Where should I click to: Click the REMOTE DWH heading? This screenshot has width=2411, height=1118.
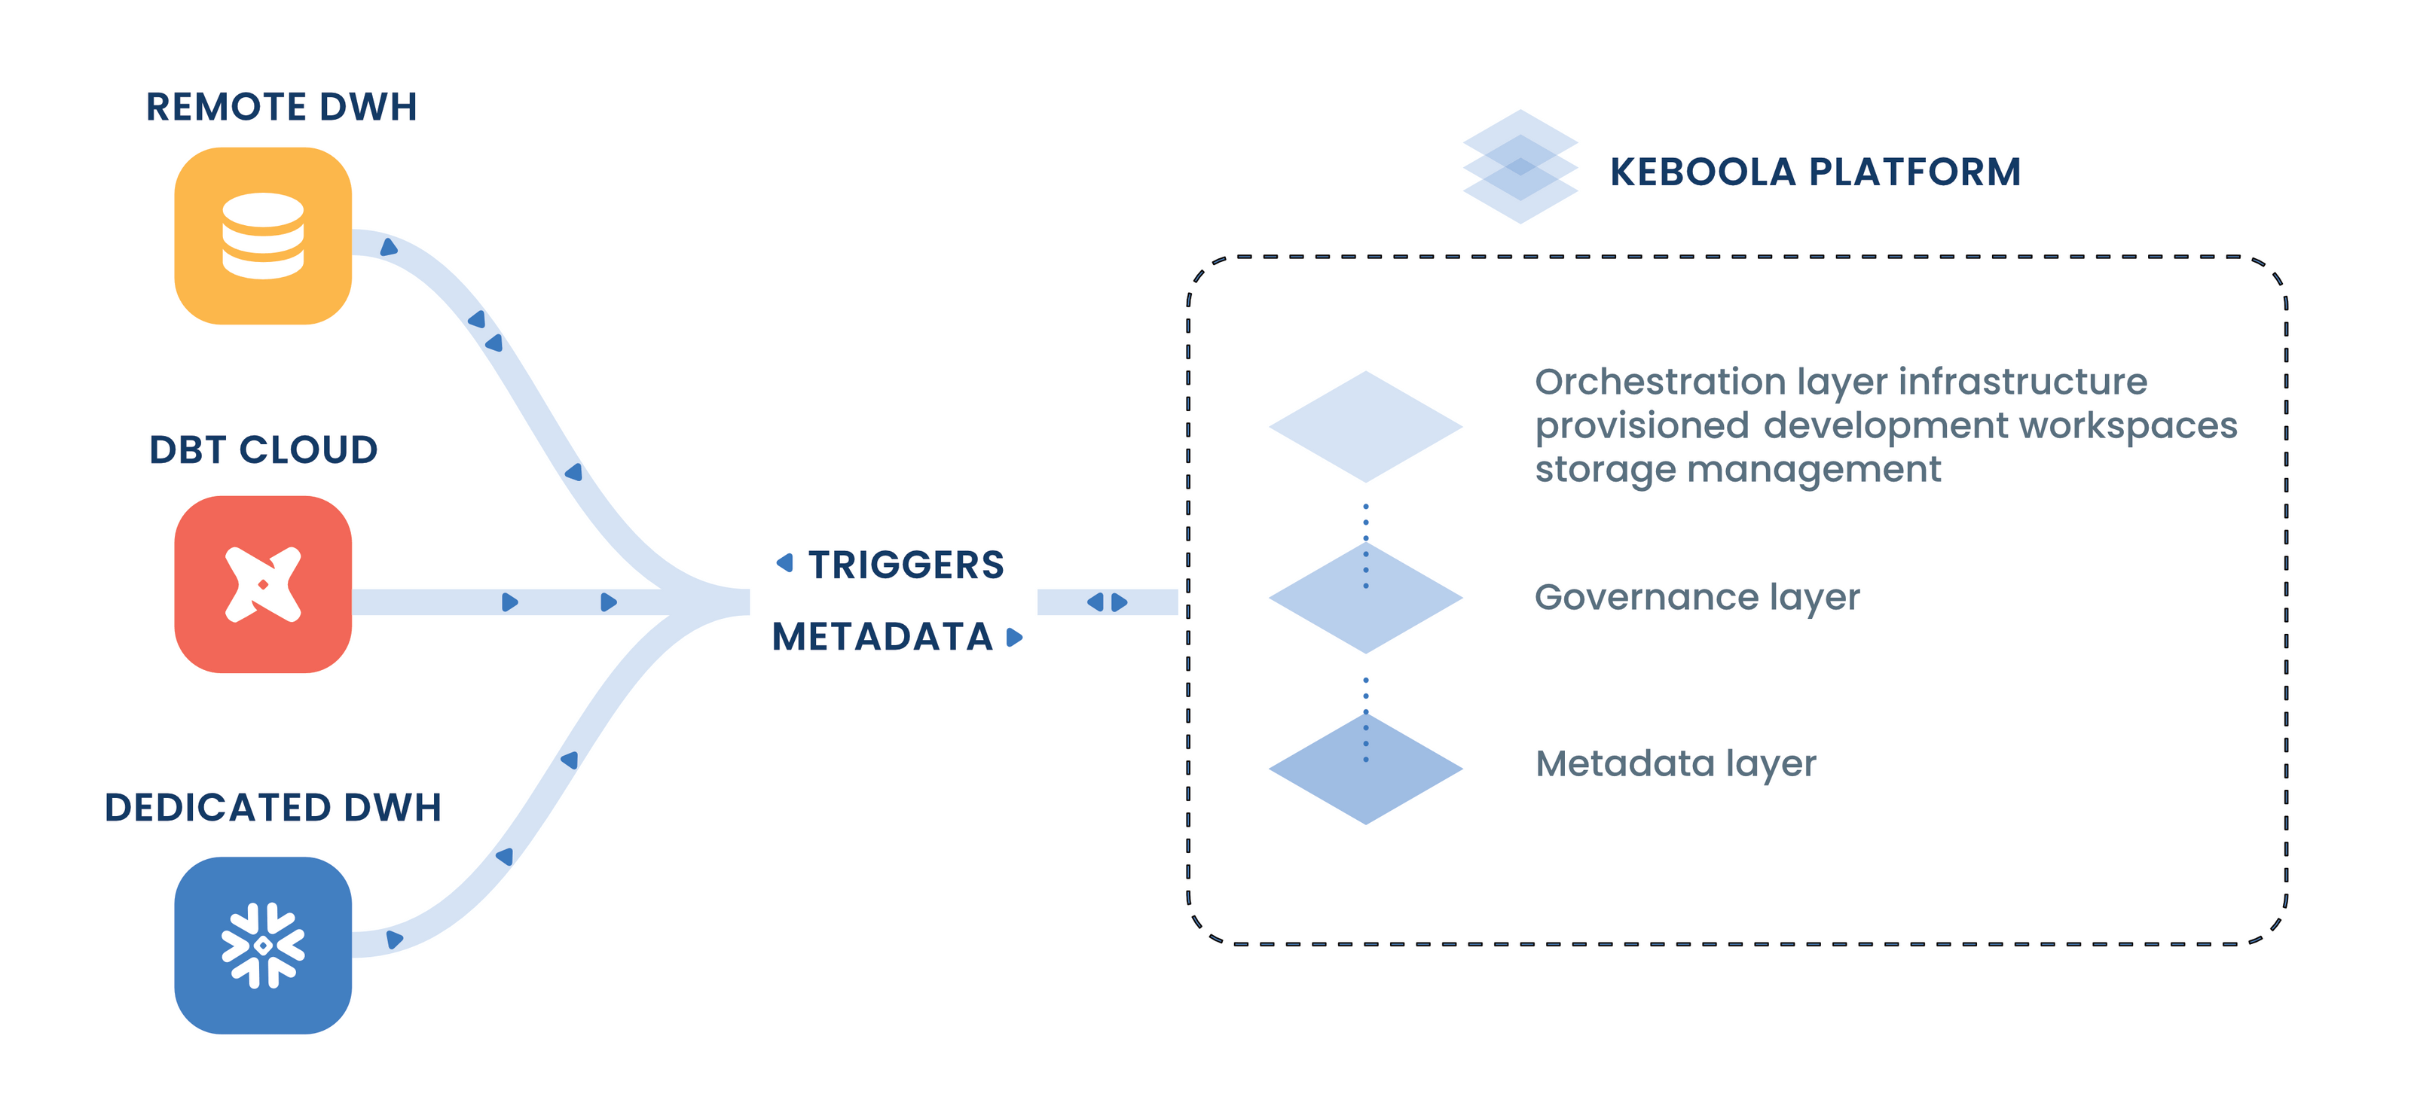pyautogui.click(x=281, y=107)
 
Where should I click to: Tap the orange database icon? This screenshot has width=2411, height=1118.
pyautogui.click(x=263, y=236)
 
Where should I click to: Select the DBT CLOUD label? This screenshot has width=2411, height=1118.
pyautogui.click(x=263, y=450)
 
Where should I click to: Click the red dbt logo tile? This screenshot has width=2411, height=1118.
pyautogui.click(x=263, y=585)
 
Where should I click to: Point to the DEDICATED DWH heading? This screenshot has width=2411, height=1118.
pyautogui.click(x=272, y=807)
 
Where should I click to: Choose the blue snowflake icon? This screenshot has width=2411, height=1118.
pyautogui.click(x=263, y=945)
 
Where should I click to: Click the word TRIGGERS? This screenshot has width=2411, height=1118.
pyautogui.click(x=906, y=565)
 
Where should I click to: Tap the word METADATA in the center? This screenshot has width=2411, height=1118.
pyautogui.click(x=882, y=637)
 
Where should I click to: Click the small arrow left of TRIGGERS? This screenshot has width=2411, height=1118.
pyautogui.click(x=785, y=562)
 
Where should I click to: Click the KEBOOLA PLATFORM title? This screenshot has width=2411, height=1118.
pyautogui.click(x=1815, y=172)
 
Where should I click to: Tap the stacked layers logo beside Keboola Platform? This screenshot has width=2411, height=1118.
pyautogui.click(x=1520, y=166)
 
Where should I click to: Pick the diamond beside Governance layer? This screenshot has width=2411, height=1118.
pyautogui.click(x=1365, y=598)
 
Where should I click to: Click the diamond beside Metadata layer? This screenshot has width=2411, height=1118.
pyautogui.click(x=1365, y=769)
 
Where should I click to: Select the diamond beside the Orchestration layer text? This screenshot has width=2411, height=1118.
pyautogui.click(x=1365, y=427)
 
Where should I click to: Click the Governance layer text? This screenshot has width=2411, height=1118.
pyautogui.click(x=1697, y=597)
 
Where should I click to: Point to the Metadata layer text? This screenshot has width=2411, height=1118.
pyautogui.click(x=1676, y=763)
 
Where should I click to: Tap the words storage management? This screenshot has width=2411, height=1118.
pyautogui.click(x=1737, y=470)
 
